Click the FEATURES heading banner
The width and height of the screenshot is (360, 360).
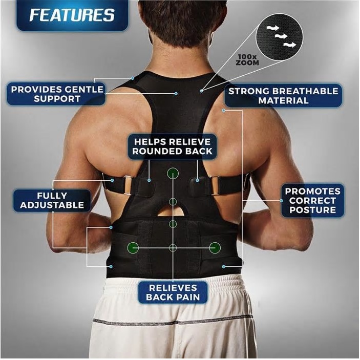click(72, 15)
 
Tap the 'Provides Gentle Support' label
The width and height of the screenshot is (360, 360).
click(56, 94)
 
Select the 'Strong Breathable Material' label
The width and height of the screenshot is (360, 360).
click(283, 96)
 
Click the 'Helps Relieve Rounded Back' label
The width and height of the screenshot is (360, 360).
click(172, 146)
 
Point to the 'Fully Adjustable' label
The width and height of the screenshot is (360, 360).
click(52, 200)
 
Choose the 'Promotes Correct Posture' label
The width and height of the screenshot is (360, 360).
click(313, 200)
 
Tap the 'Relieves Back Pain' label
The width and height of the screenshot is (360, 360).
click(173, 292)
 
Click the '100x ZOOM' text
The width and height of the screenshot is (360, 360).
click(247, 60)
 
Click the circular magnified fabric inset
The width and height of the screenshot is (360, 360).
click(279, 37)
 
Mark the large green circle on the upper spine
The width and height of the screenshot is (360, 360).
click(173, 173)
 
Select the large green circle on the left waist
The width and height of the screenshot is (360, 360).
click(133, 248)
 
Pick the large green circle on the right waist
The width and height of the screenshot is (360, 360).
click(215, 248)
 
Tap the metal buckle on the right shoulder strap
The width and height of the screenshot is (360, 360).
click(215, 185)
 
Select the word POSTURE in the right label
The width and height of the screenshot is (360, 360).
click(313, 210)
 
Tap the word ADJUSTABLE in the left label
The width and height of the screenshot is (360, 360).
click(52, 205)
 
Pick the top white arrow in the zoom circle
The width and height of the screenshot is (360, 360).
click(273, 28)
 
